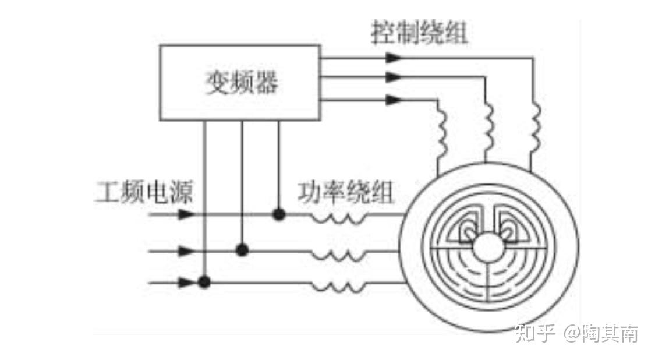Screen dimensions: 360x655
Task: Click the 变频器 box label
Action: pyautogui.click(x=240, y=83)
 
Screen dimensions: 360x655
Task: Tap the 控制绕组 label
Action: pyautogui.click(x=419, y=34)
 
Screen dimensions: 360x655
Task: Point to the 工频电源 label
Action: pyautogui.click(x=143, y=192)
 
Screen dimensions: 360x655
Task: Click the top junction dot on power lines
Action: pyautogui.click(x=279, y=214)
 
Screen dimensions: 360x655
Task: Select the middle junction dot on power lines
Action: pyautogui.click(x=242, y=250)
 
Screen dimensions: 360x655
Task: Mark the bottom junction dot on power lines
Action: pyautogui.click(x=204, y=283)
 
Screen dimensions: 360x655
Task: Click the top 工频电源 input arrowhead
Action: pyautogui.click(x=186, y=214)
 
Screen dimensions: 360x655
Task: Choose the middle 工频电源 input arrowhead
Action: pyautogui.click(x=186, y=251)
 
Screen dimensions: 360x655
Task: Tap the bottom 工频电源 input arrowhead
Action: pyautogui.click(x=186, y=283)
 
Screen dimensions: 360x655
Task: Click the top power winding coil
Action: pyautogui.click(x=339, y=218)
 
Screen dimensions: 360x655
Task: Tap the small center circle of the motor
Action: pyautogui.click(x=488, y=248)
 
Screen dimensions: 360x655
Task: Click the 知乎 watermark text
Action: pyautogui.click(x=532, y=334)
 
